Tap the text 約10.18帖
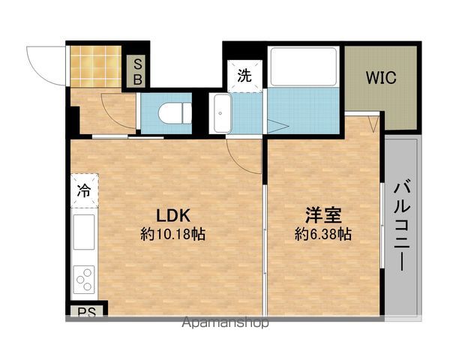[x=172, y=234]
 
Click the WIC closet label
[x=380, y=77]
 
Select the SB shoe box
[x=138, y=72]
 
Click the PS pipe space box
[x=85, y=310]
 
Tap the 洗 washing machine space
[x=245, y=75]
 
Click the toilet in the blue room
[x=175, y=114]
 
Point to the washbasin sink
[x=221, y=114]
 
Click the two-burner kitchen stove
[x=84, y=280]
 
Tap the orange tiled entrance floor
[x=96, y=66]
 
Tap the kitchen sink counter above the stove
[x=84, y=234]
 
